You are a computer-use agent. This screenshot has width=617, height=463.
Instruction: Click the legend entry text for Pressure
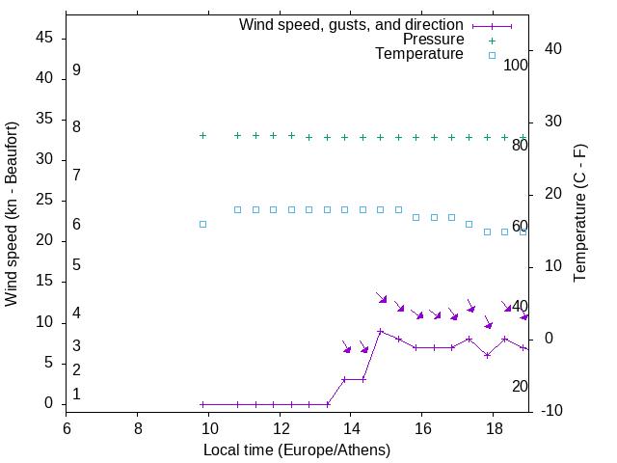433,40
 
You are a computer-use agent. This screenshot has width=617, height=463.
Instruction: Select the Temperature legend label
419,54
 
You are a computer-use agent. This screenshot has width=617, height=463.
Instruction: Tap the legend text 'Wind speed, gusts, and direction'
352,25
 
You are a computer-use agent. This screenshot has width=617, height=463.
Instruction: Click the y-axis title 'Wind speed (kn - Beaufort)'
12,214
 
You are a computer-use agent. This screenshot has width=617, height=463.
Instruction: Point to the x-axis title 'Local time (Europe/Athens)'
297,450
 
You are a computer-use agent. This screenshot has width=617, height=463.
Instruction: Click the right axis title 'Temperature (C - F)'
580,214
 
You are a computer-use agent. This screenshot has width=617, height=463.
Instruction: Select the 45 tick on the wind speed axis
43,38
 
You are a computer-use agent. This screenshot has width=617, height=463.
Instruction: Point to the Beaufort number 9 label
76,70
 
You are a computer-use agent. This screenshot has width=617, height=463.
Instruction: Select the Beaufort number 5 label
76,264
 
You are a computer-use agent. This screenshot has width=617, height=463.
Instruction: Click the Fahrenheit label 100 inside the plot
516,66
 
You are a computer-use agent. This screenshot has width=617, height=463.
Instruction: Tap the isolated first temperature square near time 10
202,224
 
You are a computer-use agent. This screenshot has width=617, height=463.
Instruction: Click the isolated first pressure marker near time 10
202,136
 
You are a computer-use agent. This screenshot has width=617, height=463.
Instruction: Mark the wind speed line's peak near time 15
381,332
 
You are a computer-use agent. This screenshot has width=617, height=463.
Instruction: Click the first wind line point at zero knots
202,404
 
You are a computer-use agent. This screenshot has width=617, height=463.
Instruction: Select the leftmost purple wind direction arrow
347,346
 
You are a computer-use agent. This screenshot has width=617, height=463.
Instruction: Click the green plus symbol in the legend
492,41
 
